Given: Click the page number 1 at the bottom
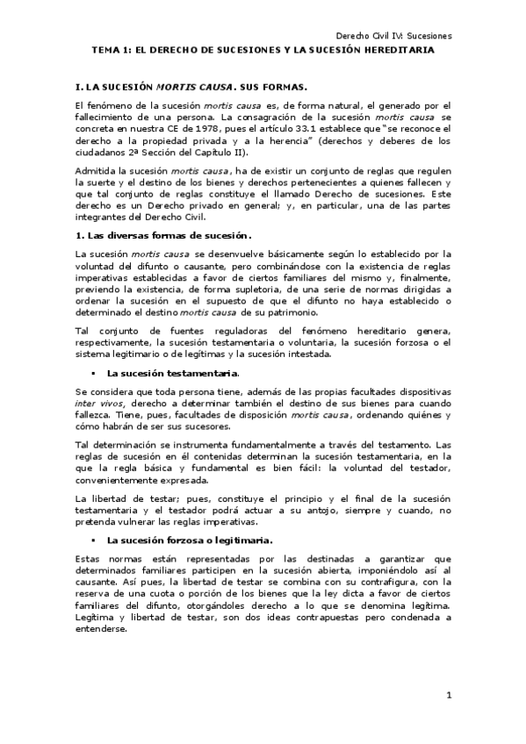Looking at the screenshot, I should (448, 696).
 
